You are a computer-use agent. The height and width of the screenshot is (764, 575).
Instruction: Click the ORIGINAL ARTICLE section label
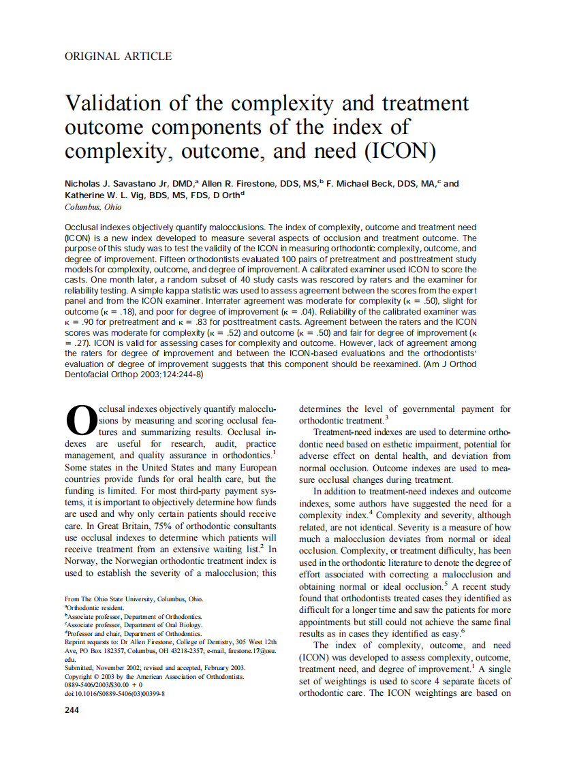tap(118, 57)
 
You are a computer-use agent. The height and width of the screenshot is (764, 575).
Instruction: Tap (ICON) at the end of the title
tap(400, 150)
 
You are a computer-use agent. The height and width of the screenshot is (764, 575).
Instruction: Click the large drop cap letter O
tap(80, 421)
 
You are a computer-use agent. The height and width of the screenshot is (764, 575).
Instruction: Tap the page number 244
tap(72, 710)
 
